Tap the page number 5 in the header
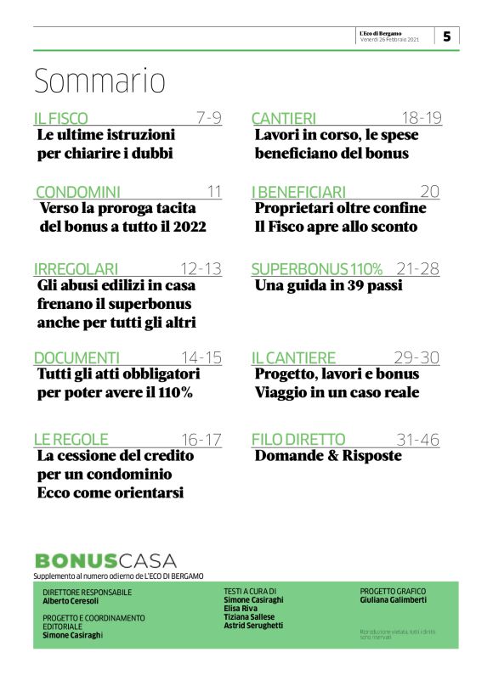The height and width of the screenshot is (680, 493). pyautogui.click(x=446, y=36)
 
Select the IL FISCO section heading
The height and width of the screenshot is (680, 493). pyautogui.click(x=60, y=118)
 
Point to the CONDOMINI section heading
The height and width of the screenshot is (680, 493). pyautogui.click(x=77, y=192)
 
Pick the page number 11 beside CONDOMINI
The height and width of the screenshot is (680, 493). pyautogui.click(x=214, y=192)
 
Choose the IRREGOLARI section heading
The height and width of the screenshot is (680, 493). pyautogui.click(x=76, y=269)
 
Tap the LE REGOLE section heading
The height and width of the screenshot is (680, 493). pyautogui.click(x=71, y=439)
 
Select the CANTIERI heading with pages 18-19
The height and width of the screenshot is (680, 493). pyautogui.click(x=284, y=118)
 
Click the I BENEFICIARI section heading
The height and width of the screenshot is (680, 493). pyautogui.click(x=298, y=192)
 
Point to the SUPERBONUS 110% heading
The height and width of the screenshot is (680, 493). pyautogui.click(x=317, y=269)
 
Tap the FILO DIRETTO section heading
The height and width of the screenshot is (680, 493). pyautogui.click(x=298, y=439)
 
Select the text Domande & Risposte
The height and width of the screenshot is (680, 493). pyautogui.click(x=328, y=456)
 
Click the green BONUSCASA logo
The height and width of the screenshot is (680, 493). pyautogui.click(x=105, y=560)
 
